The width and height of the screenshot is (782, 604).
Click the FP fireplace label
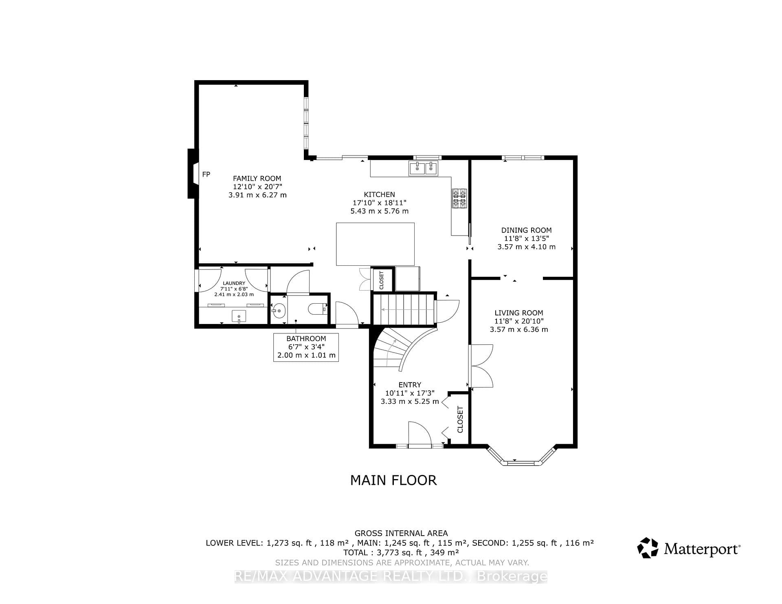[x=206, y=174]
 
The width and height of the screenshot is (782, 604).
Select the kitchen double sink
[x=423, y=168]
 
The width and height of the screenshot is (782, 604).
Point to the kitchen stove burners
[x=459, y=198]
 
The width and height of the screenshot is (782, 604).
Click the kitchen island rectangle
[x=375, y=244]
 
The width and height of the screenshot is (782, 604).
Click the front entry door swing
[x=420, y=433]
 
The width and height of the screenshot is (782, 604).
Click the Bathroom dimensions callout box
[x=306, y=347]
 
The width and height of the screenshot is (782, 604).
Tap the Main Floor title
[x=393, y=480]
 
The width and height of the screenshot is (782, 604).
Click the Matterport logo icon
[x=648, y=548]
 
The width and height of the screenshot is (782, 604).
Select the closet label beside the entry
[x=460, y=420]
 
